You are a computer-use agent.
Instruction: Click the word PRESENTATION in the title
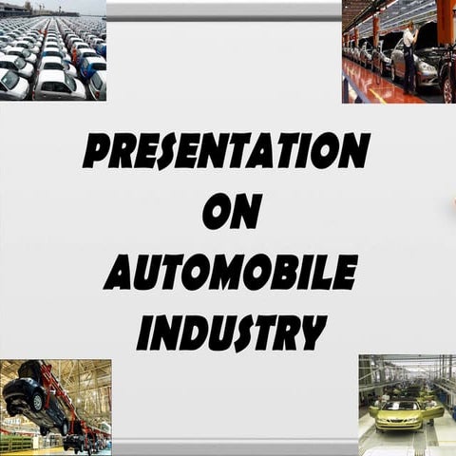[226, 151]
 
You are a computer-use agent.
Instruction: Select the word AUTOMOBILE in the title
[231, 272]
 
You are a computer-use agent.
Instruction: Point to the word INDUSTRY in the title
[231, 332]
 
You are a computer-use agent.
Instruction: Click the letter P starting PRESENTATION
[97, 152]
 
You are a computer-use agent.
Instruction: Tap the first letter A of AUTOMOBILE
[120, 273]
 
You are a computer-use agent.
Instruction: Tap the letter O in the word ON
[217, 211]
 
